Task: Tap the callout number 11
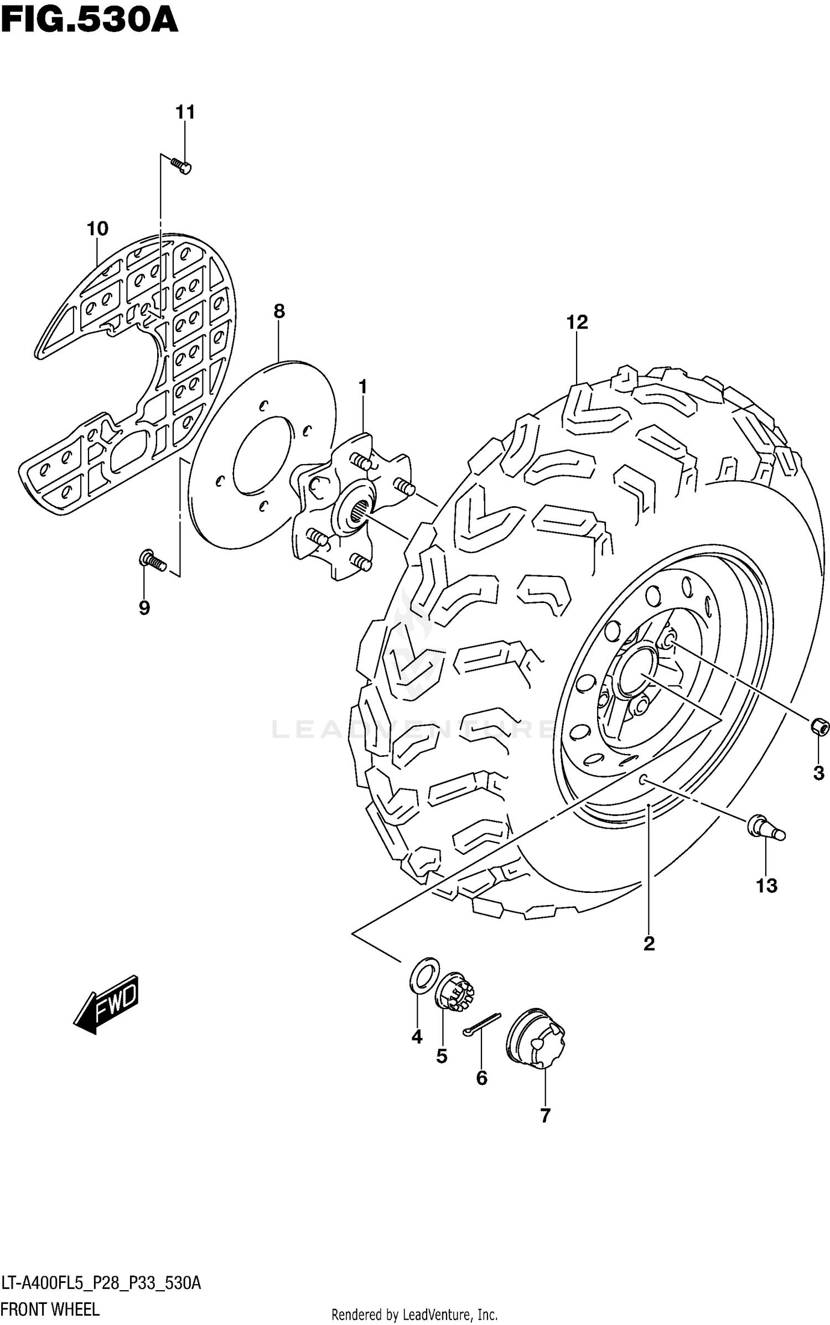click(185, 112)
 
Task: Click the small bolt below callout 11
click(181, 166)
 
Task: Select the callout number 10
click(97, 228)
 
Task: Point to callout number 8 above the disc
click(279, 311)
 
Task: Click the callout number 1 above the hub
click(363, 387)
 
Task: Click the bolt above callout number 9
click(152, 560)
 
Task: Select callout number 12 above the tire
click(577, 322)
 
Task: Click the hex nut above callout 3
click(820, 726)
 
